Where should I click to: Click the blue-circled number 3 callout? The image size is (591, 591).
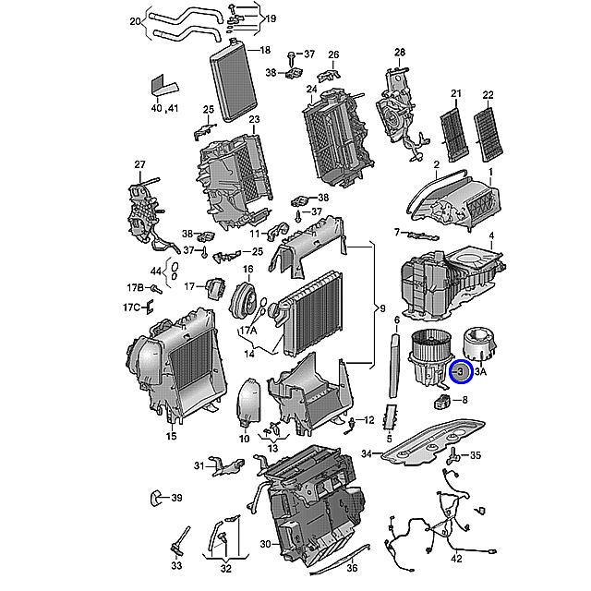pyautogui.click(x=460, y=372)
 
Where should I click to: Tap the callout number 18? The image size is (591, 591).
pyautogui.click(x=265, y=50)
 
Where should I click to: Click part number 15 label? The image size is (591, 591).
pyautogui.click(x=171, y=436)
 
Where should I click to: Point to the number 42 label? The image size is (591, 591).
pyautogui.click(x=456, y=560)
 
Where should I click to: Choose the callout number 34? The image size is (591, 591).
pyautogui.click(x=366, y=453)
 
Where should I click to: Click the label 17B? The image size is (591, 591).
pyautogui.click(x=133, y=288)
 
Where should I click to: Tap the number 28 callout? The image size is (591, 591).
pyautogui.click(x=400, y=52)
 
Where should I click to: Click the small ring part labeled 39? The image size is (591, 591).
pyautogui.click(x=156, y=498)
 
